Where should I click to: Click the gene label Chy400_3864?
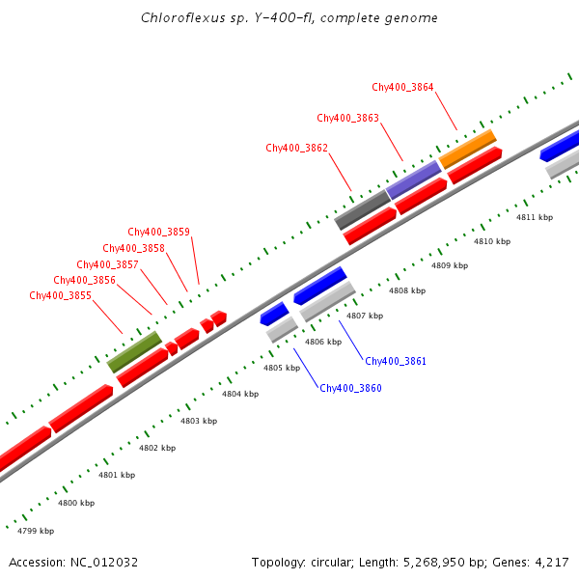tap(402, 87)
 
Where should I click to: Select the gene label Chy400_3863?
tap(347, 118)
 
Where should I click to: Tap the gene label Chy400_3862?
tap(296, 148)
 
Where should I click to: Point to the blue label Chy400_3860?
tap(350, 388)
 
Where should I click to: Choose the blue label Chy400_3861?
tap(395, 361)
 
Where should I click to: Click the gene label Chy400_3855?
tap(60, 295)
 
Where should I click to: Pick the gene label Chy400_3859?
tap(158, 232)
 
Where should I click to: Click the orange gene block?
tap(467, 148)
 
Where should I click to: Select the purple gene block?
tap(414, 179)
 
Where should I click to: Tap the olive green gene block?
tap(134, 351)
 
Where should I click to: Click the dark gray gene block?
tap(361, 209)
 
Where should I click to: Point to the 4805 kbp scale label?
tap(282, 368)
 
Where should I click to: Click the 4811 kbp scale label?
tap(535, 217)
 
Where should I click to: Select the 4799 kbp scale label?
tap(36, 531)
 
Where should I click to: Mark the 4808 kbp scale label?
tap(407, 289)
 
